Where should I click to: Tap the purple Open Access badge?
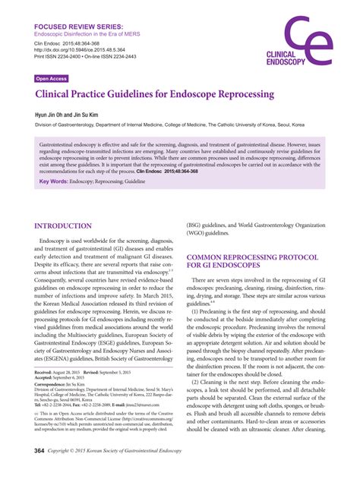coord(51,78)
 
